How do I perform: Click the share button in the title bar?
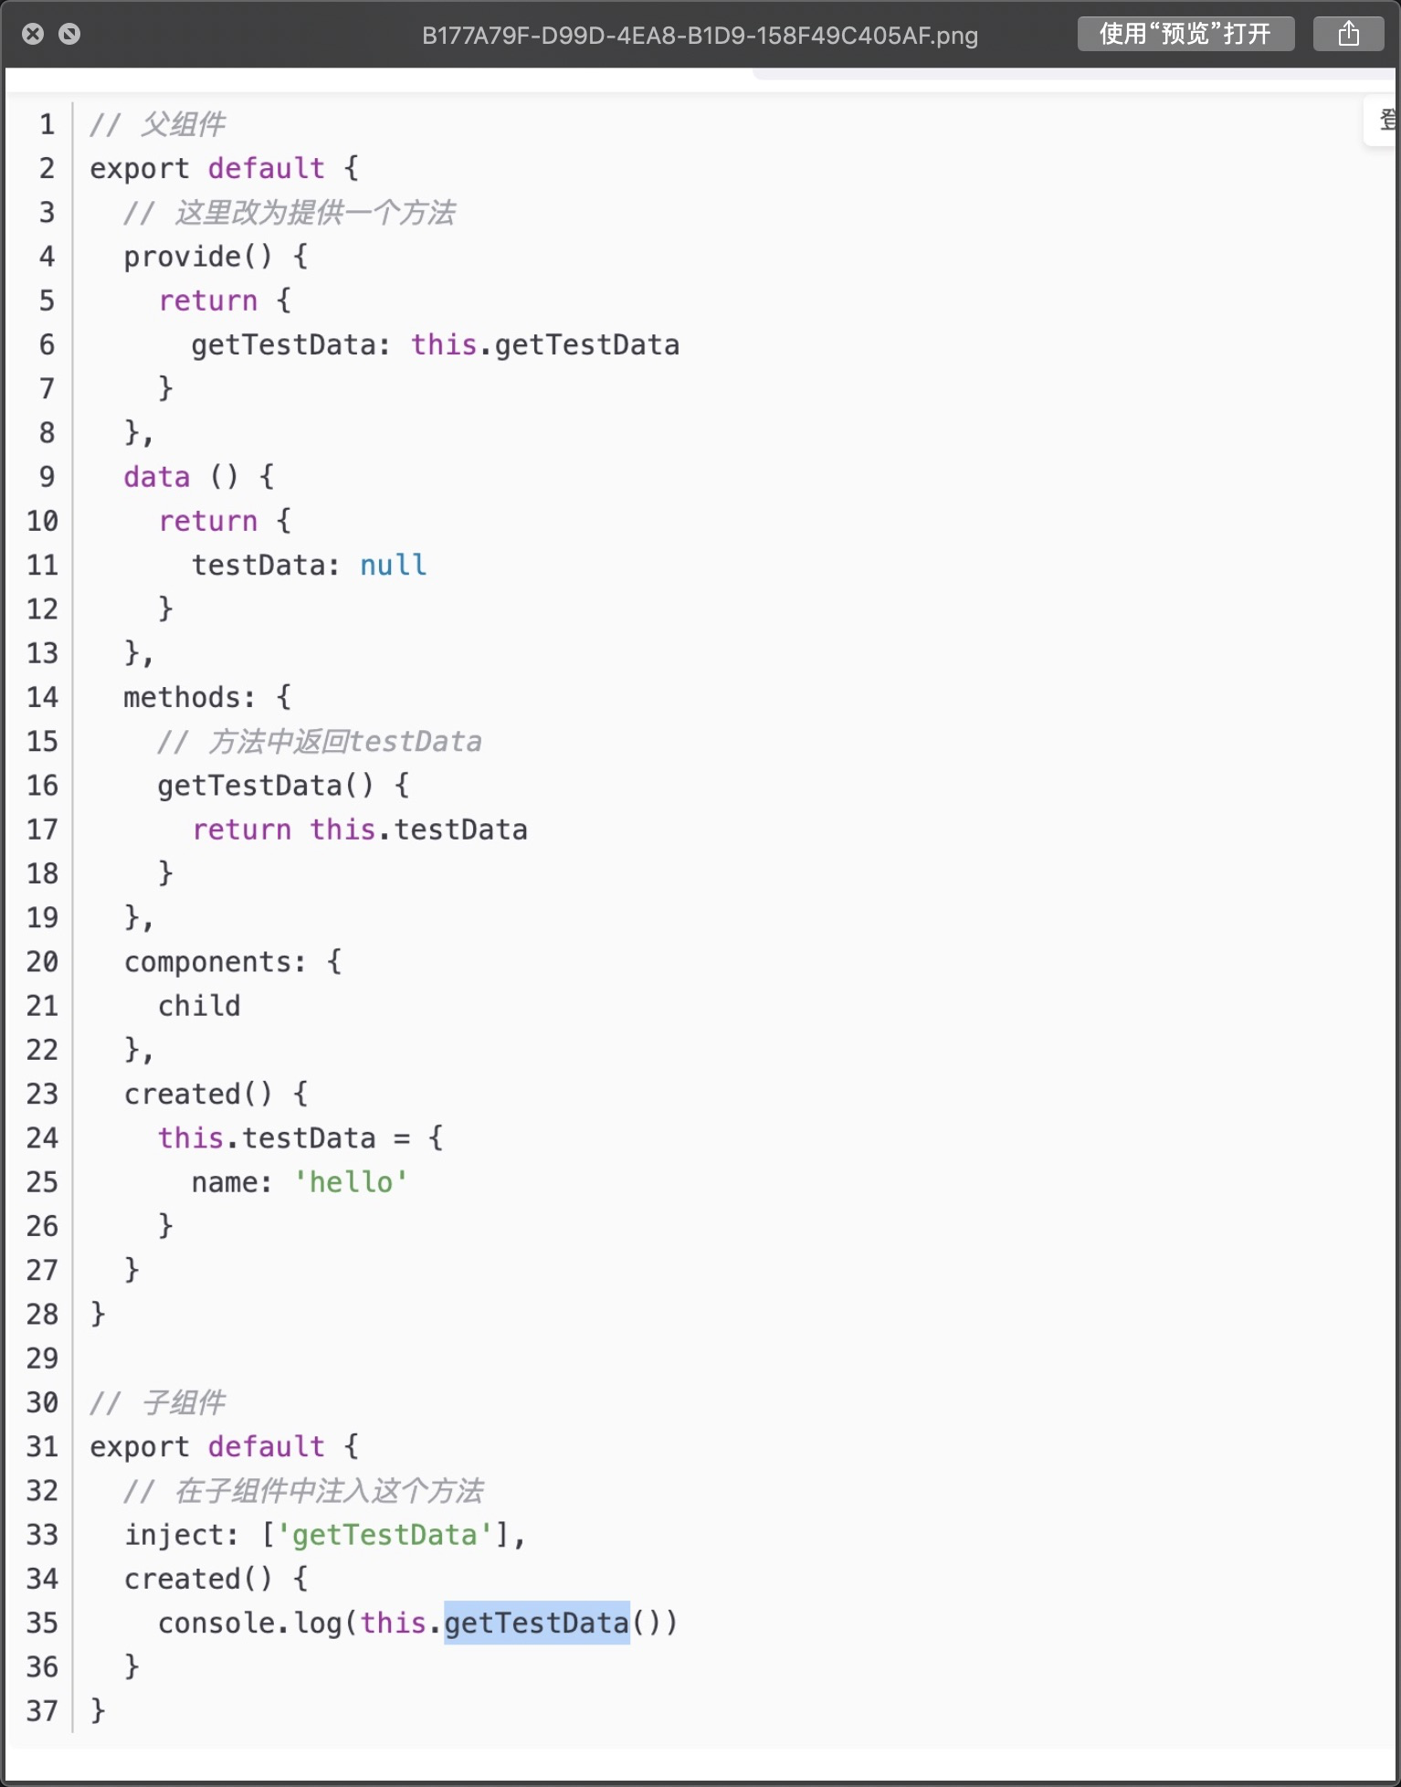[x=1348, y=35]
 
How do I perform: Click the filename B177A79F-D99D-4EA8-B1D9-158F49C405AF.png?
[x=700, y=36]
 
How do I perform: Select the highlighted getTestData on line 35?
[x=537, y=1623]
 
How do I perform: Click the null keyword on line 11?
[x=393, y=565]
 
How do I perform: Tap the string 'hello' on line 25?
[x=351, y=1182]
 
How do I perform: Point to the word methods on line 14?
[x=189, y=698]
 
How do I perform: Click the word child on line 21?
[x=199, y=1006]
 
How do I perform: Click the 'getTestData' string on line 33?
[x=384, y=1535]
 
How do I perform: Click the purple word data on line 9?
[x=157, y=477]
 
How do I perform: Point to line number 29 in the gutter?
[x=42, y=1359]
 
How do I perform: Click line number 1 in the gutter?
[x=47, y=124]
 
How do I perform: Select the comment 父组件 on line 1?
[x=183, y=124]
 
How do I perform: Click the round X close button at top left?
[x=33, y=34]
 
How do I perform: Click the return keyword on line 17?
[x=242, y=830]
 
